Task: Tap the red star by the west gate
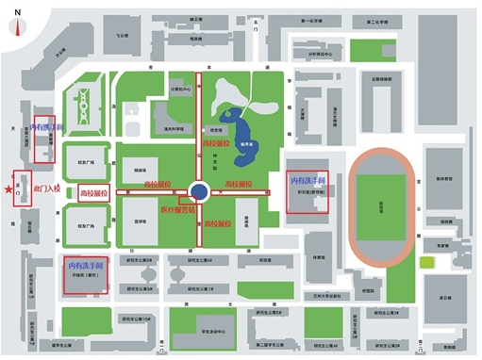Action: tap(9, 191)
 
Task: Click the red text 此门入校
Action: tap(45, 189)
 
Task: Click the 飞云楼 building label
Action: tap(124, 35)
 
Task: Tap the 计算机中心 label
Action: tap(179, 89)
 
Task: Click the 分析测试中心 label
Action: tap(319, 54)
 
